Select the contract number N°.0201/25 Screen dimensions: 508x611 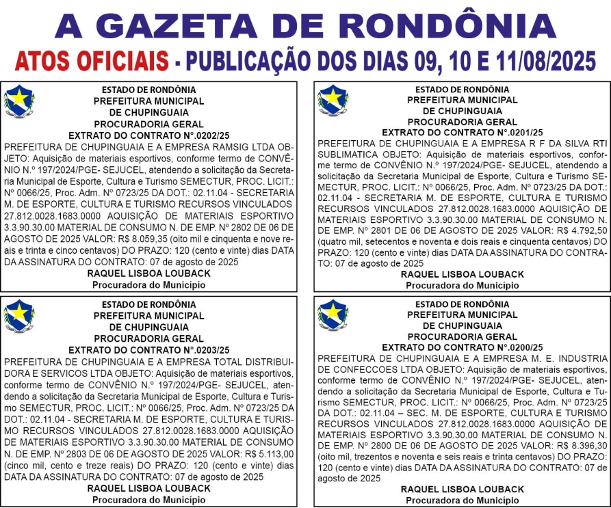pos(506,132)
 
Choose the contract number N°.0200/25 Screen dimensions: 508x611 pos(506,347)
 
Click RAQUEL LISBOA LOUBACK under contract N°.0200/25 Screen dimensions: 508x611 pos(462,490)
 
